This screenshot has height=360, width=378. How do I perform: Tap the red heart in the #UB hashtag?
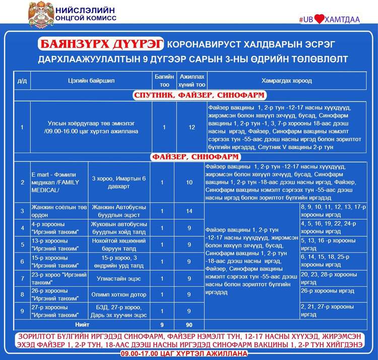322,19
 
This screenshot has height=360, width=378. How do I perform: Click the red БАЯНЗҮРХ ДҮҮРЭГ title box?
100,44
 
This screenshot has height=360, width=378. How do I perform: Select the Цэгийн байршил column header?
84,81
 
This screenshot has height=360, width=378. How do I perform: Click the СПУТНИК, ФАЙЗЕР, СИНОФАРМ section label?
200,96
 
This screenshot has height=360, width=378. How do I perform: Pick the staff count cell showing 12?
192,127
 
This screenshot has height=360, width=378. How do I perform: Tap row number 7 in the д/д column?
22,278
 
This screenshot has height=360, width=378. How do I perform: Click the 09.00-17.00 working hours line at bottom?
188,353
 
